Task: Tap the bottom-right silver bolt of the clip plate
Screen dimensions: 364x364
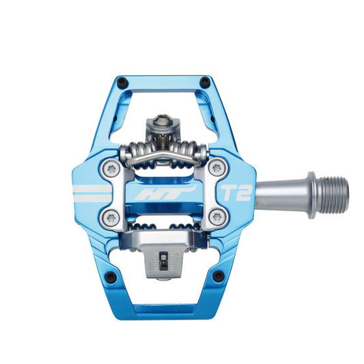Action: (x=217, y=218)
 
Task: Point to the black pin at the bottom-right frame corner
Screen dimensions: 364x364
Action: (x=219, y=277)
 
